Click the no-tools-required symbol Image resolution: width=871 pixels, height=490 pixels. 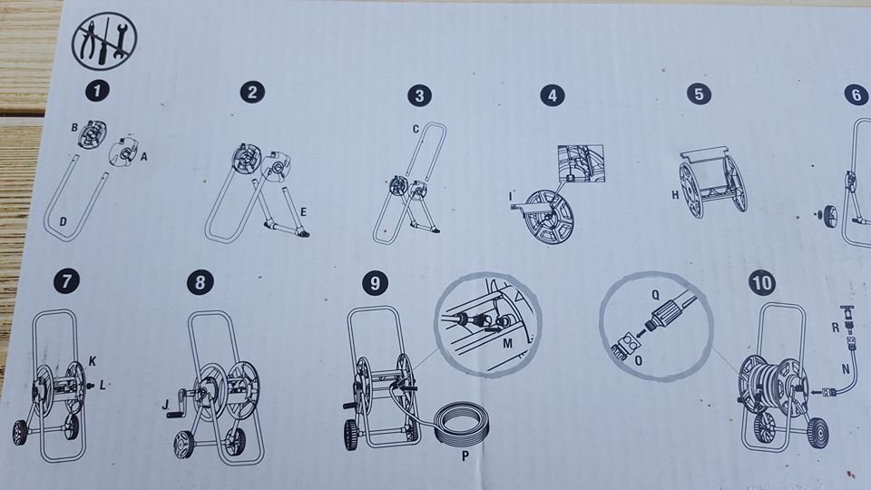pyautogui.click(x=103, y=42)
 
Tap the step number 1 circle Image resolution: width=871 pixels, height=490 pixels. pyautogui.click(x=97, y=91)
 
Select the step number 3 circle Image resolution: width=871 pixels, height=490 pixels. pyautogui.click(x=419, y=95)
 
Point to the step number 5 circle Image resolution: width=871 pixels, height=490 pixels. pyautogui.click(x=699, y=93)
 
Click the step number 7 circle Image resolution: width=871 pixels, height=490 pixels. pyautogui.click(x=66, y=281)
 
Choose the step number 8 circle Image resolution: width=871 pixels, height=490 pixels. pyautogui.click(x=201, y=282)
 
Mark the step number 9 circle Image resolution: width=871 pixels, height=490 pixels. pyautogui.click(x=375, y=283)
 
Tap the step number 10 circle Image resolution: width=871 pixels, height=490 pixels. pyautogui.click(x=761, y=283)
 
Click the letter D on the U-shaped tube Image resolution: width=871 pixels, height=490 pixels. pyautogui.click(x=63, y=221)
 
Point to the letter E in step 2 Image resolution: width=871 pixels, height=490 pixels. pyautogui.click(x=303, y=211)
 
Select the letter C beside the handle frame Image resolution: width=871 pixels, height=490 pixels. pyautogui.click(x=416, y=130)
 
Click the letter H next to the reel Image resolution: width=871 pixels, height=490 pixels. pyautogui.click(x=675, y=195)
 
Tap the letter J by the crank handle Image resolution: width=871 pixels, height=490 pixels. pyautogui.click(x=165, y=405)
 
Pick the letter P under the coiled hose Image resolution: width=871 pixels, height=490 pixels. pyautogui.click(x=465, y=456)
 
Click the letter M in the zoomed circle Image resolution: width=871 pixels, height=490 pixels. pyautogui.click(x=507, y=343)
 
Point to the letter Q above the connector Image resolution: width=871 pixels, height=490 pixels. pyautogui.click(x=655, y=295)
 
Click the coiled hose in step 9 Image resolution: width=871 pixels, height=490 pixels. pyautogui.click(x=461, y=424)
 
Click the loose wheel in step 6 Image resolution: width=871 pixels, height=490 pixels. pyautogui.click(x=829, y=213)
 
